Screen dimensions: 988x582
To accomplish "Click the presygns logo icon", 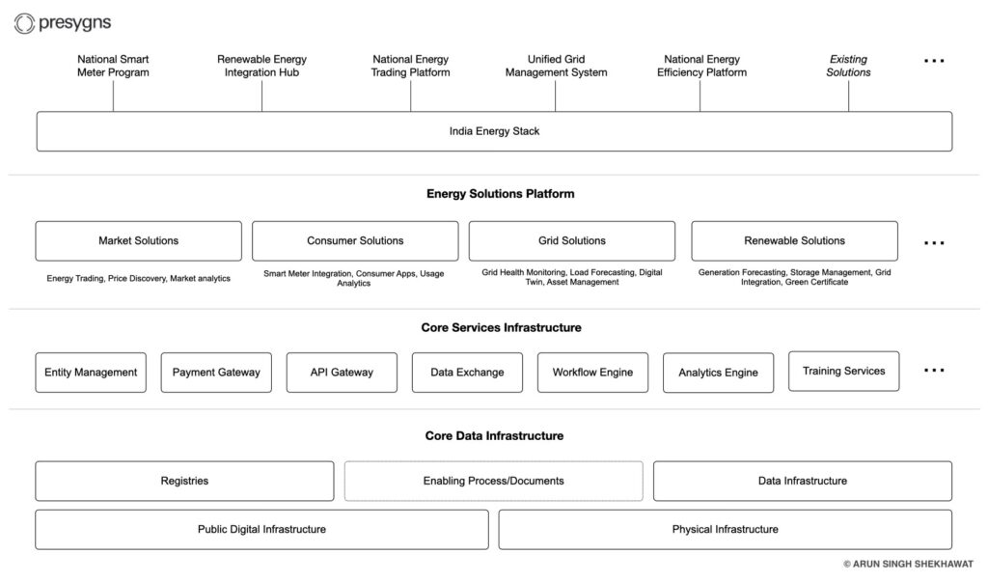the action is coord(24,23).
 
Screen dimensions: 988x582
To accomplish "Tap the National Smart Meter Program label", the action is coord(114,66).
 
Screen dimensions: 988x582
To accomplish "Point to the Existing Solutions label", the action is coord(848,66).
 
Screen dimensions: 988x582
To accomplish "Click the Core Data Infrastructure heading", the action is coord(494,435).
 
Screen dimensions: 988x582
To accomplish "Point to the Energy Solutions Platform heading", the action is coord(501,194).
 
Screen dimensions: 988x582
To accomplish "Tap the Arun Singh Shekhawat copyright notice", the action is coord(908,564).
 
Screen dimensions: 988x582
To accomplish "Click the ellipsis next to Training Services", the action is coord(934,370).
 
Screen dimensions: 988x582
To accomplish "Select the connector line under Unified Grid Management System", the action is coord(555,96).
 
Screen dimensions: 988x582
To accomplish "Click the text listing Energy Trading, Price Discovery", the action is coord(139,278).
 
